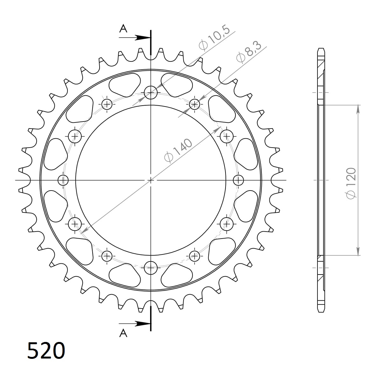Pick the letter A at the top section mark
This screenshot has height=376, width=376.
(123, 29)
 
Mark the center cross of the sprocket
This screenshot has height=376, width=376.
(151, 180)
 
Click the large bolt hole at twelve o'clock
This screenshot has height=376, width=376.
(151, 93)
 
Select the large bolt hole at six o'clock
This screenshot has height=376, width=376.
(151, 268)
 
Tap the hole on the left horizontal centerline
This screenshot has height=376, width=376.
(63, 180)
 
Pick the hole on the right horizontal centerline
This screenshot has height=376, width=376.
(238, 180)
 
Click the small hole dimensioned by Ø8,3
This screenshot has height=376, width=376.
(194, 104)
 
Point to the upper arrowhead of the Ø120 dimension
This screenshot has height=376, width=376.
(358, 108)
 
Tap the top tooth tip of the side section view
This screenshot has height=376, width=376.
(321, 49)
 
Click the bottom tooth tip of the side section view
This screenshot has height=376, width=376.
(321, 311)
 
